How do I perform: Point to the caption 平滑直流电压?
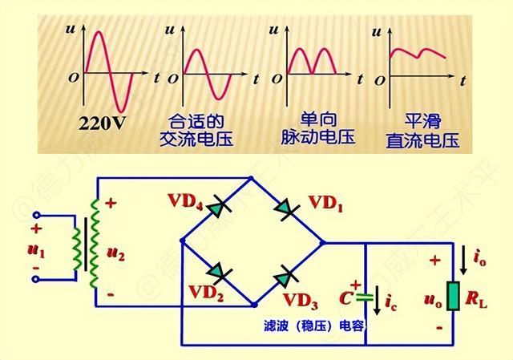pyautogui.click(x=422, y=131)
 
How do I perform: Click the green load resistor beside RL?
pyautogui.click(x=453, y=295)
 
